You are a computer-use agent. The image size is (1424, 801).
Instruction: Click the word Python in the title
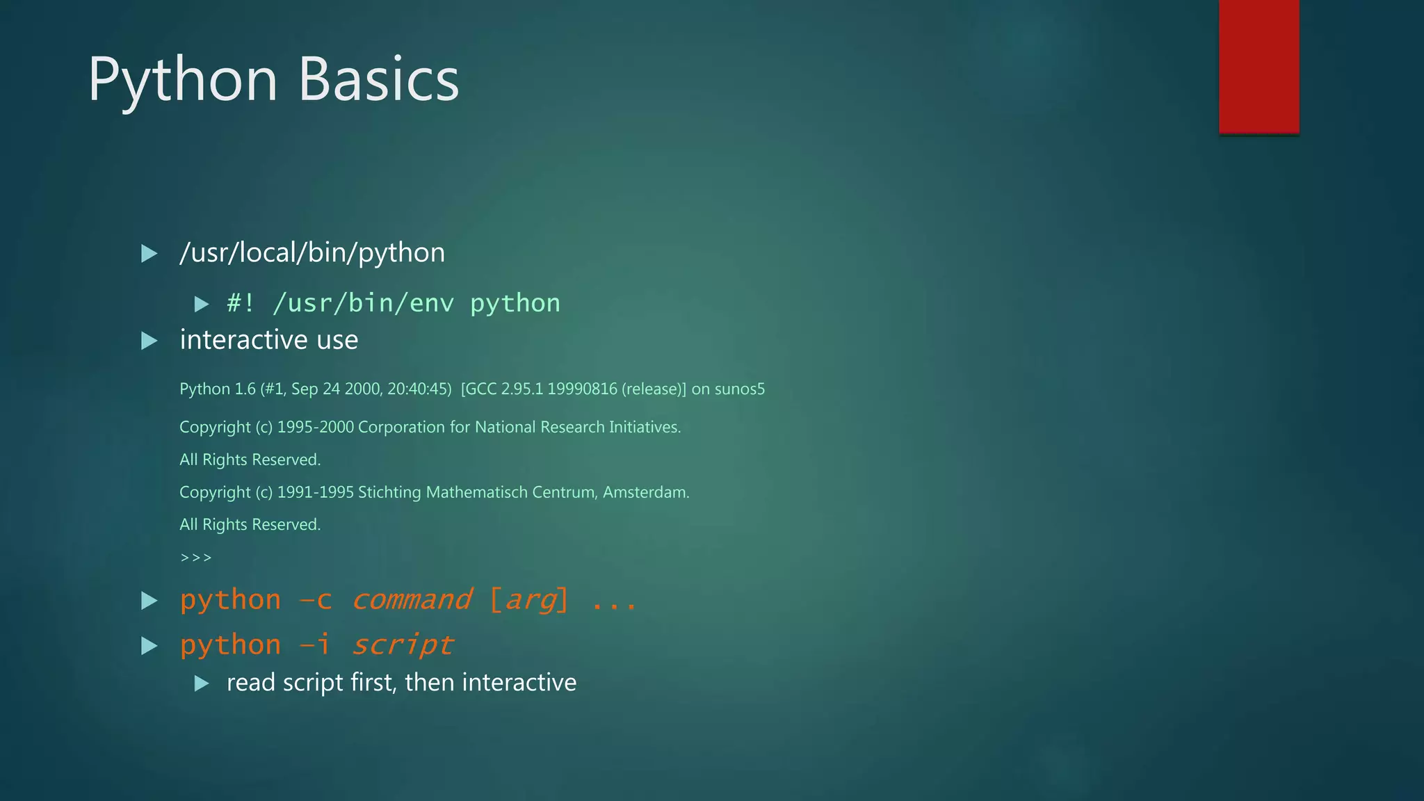(x=183, y=81)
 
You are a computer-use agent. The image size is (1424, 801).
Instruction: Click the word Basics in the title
(x=379, y=79)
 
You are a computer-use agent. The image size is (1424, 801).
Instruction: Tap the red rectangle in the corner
(x=1259, y=67)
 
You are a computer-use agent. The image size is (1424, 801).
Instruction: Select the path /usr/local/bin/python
(x=312, y=253)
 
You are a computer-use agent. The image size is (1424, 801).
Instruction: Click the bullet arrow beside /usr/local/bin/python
(x=149, y=254)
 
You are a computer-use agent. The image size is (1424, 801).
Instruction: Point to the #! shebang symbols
(x=241, y=303)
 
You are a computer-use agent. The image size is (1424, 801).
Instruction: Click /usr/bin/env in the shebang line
(x=363, y=303)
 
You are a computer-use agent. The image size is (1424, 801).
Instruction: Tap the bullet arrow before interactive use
(x=149, y=341)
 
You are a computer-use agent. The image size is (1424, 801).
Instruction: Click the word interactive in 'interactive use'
(x=244, y=340)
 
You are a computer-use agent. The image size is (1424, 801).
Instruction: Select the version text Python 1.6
(x=218, y=389)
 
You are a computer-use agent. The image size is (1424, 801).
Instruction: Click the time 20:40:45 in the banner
(x=419, y=389)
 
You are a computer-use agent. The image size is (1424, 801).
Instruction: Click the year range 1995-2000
(x=316, y=427)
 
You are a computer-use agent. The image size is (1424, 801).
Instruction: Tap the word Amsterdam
(x=646, y=492)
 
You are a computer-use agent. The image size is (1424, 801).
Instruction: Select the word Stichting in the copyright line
(x=389, y=492)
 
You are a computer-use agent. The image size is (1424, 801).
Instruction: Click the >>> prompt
(x=195, y=558)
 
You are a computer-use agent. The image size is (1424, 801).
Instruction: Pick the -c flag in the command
(x=316, y=600)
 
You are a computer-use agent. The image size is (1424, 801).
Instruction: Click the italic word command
(x=412, y=600)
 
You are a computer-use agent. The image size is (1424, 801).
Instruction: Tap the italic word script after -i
(x=403, y=645)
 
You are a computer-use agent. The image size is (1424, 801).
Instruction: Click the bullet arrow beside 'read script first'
(x=202, y=683)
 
